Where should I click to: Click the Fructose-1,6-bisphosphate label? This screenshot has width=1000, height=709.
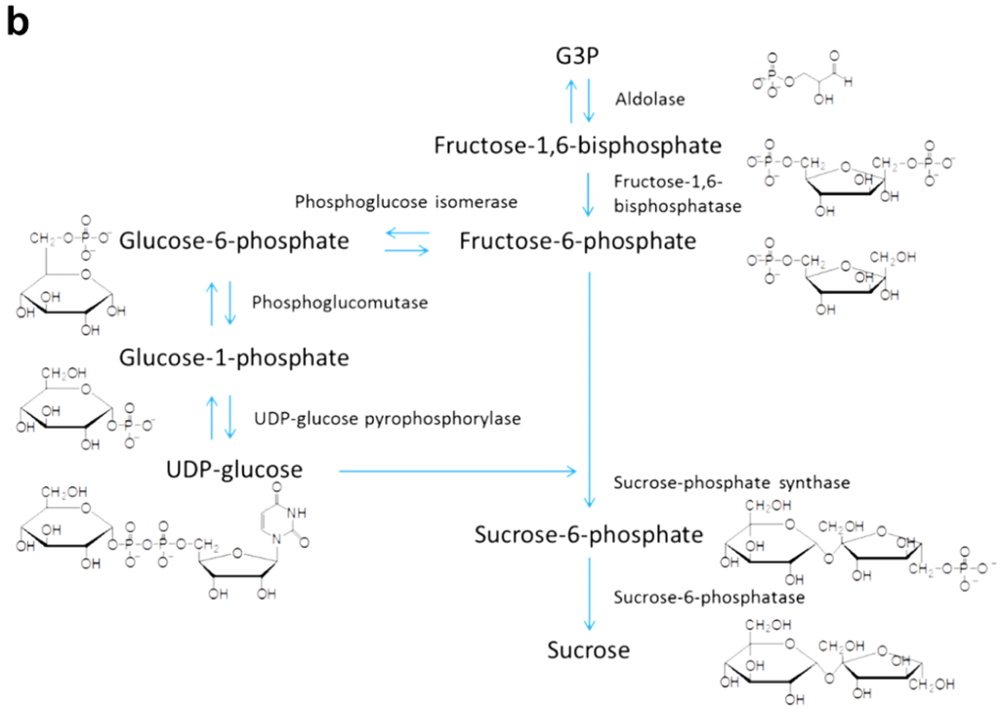(x=578, y=146)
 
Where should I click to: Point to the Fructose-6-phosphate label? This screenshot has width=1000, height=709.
(x=578, y=239)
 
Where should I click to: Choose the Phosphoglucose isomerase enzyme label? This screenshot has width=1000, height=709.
(x=405, y=201)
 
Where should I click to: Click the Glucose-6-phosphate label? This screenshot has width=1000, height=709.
(x=234, y=239)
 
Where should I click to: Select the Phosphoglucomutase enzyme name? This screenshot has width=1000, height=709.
(x=340, y=304)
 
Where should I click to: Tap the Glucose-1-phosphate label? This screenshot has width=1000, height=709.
(x=234, y=357)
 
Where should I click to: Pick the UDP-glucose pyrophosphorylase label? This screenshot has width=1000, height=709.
(x=387, y=418)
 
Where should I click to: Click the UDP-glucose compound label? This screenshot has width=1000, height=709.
(x=235, y=471)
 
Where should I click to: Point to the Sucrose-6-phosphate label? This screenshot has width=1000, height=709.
(x=589, y=534)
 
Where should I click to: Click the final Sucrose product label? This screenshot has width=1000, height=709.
(x=589, y=649)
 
